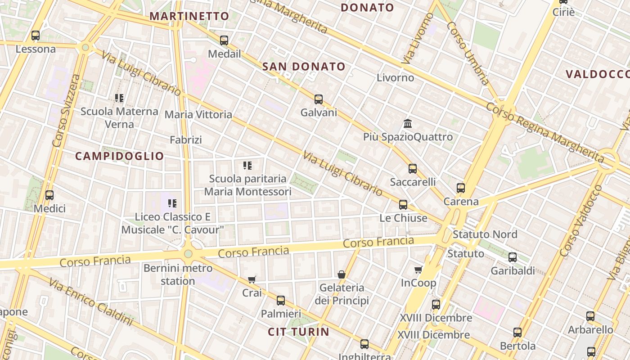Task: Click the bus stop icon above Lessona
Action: click(36, 35)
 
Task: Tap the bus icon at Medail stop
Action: click(224, 40)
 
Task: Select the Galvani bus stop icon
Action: click(319, 99)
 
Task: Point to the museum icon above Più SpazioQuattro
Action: click(408, 123)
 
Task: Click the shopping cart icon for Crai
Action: click(252, 279)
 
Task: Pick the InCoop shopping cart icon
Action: click(418, 270)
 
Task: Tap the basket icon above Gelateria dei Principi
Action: click(342, 274)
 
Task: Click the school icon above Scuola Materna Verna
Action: click(119, 98)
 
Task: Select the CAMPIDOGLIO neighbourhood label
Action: click(119, 156)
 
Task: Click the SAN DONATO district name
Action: click(304, 67)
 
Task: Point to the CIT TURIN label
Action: click(298, 332)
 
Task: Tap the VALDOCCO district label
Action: click(598, 74)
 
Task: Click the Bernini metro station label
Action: click(178, 274)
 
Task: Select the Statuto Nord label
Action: click(485, 234)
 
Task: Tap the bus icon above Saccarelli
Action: click(413, 169)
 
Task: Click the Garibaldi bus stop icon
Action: click(513, 257)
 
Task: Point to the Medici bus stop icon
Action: click(49, 195)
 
